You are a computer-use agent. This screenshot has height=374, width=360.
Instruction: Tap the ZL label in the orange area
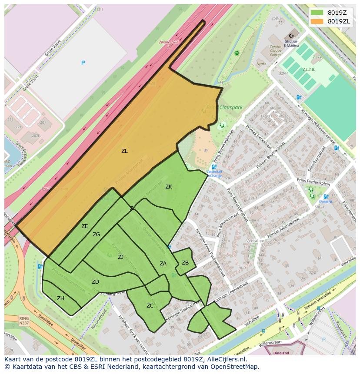tap(124, 151)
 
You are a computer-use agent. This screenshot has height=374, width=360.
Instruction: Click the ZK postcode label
tap(169, 187)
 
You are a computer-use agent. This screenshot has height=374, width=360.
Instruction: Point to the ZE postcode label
tap(85, 226)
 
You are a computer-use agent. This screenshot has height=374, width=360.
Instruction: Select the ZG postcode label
tap(96, 235)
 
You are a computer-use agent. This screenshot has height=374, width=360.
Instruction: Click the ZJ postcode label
tap(121, 257)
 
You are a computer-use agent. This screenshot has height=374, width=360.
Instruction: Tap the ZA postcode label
tap(163, 264)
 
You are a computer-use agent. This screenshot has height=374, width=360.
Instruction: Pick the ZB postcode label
tap(185, 263)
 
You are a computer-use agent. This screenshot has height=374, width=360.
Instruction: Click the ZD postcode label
tap(95, 282)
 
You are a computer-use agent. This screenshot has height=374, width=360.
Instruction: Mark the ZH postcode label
tap(60, 298)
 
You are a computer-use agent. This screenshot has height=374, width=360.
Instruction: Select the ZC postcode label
tap(150, 306)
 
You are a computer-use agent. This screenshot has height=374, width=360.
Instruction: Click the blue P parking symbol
tap(83, 63)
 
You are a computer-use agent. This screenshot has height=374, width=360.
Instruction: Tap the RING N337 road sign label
tap(24, 321)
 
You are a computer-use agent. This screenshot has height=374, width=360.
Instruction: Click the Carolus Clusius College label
tap(276, 50)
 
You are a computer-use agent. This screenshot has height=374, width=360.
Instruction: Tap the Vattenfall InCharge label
tap(214, 174)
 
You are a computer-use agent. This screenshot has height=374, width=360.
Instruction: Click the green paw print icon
tap(237, 53)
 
